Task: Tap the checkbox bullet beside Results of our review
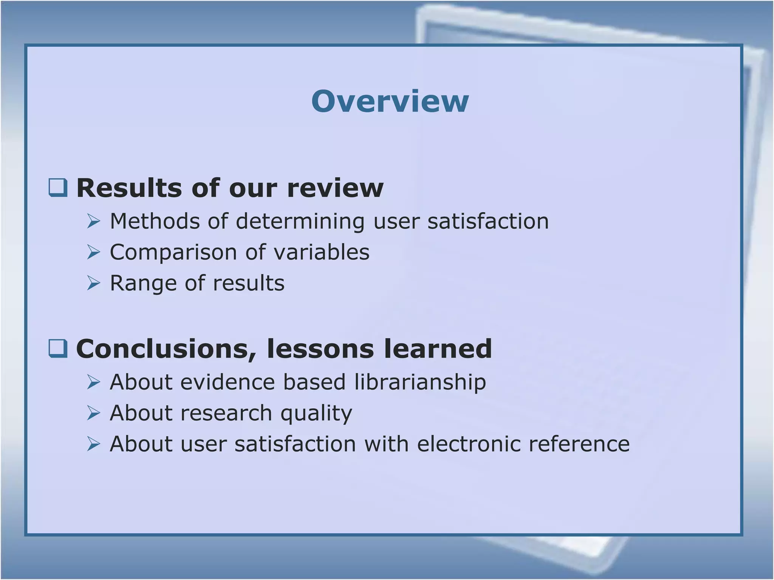pyautogui.click(x=58, y=188)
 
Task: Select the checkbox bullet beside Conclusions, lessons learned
pyautogui.click(x=58, y=348)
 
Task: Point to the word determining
pyautogui.click(x=300, y=222)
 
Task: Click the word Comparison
pyautogui.click(x=173, y=252)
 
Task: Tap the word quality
pyautogui.click(x=316, y=413)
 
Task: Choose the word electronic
pyautogui.click(x=468, y=444)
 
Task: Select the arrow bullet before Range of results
pyautogui.click(x=93, y=283)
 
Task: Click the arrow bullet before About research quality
pyautogui.click(x=93, y=413)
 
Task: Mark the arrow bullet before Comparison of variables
pyautogui.click(x=93, y=252)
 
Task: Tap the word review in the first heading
pyautogui.click(x=335, y=188)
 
